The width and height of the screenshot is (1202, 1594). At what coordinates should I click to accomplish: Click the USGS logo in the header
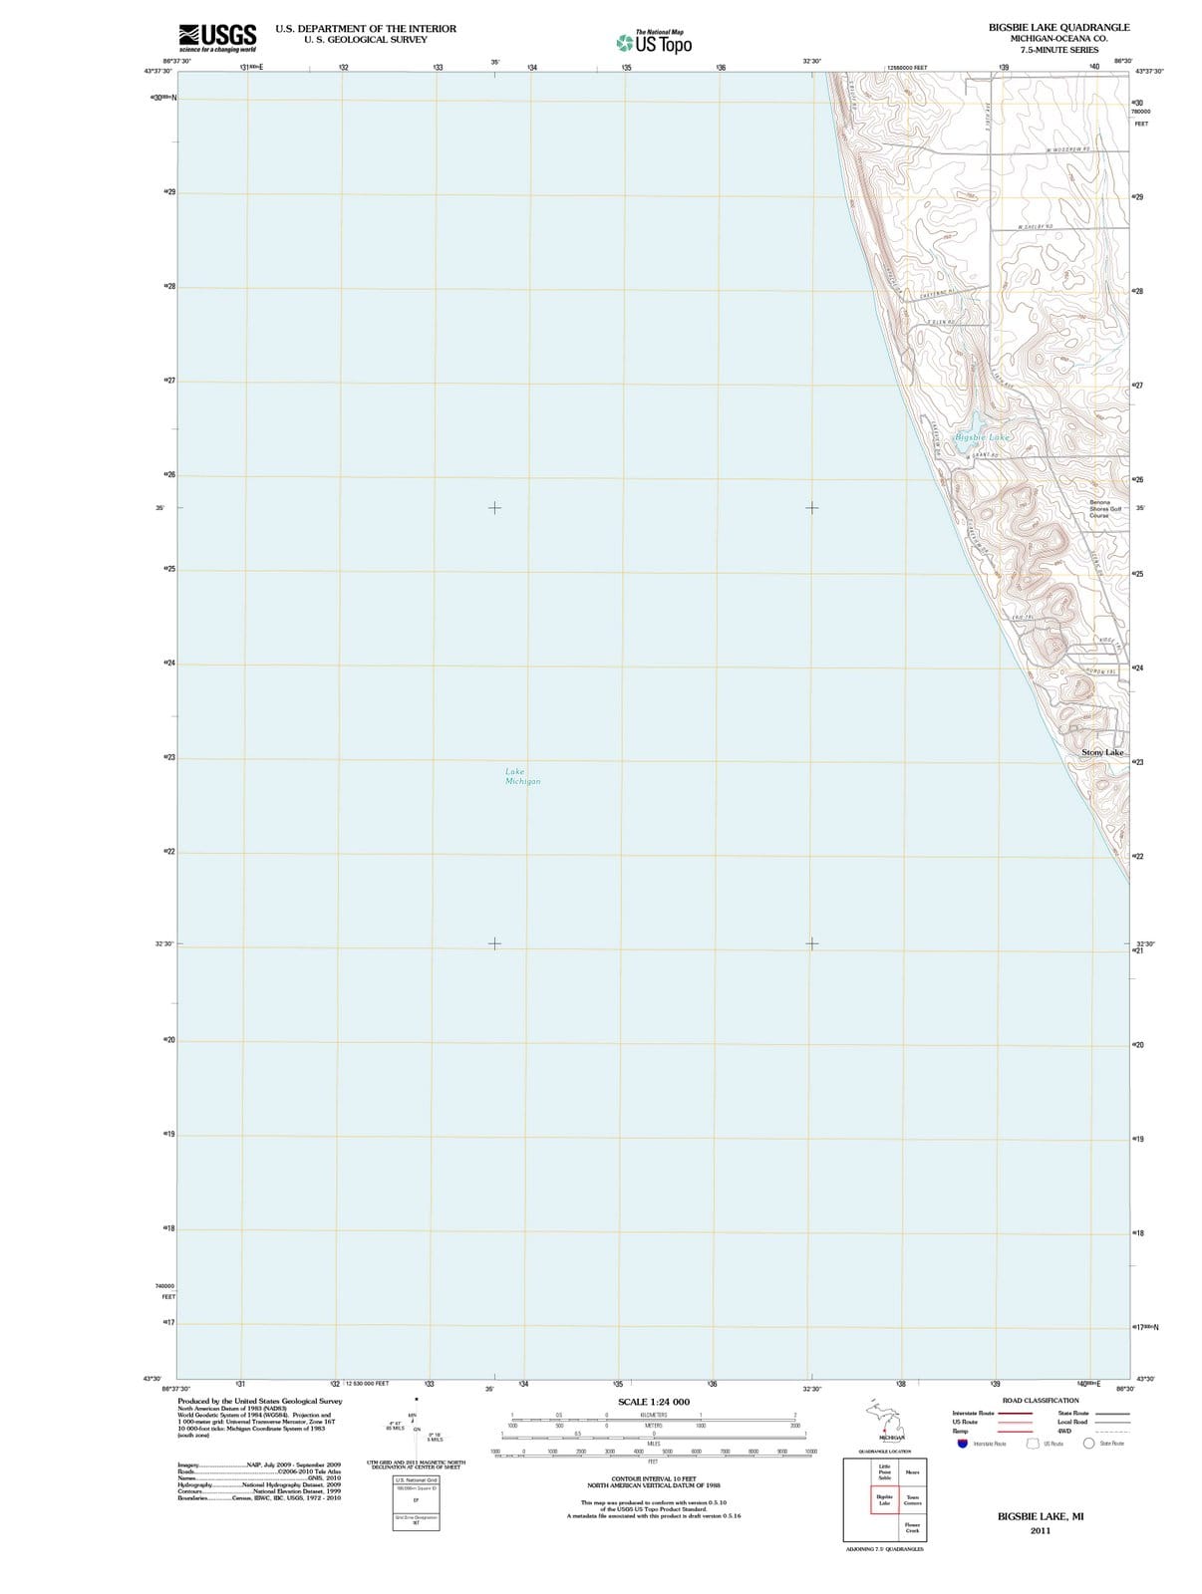coord(217,38)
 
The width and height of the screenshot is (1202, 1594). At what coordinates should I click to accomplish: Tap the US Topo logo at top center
coord(654,43)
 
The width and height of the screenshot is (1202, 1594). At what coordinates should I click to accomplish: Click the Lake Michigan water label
coord(522,776)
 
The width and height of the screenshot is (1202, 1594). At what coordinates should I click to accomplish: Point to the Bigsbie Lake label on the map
coord(982,437)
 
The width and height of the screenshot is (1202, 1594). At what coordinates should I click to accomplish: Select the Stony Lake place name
coord(1102,752)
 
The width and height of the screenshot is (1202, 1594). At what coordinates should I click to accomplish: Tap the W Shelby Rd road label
coord(1036,227)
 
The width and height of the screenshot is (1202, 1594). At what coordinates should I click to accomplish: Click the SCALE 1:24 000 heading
coord(653,1402)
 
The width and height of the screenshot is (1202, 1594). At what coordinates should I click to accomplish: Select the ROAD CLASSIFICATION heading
coord(1041,1401)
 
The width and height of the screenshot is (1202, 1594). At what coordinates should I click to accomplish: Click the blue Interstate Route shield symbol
coord(962,1443)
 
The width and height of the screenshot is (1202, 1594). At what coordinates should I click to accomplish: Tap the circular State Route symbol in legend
coord(1088,1443)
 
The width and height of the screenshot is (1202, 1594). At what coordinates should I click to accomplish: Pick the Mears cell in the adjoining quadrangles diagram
coord(912,1472)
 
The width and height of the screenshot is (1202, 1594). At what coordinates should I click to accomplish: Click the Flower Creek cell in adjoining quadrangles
coord(912,1527)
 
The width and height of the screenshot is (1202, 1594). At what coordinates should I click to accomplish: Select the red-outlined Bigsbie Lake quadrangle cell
coord(884,1500)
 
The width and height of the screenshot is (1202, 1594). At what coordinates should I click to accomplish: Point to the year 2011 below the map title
coord(1041,1530)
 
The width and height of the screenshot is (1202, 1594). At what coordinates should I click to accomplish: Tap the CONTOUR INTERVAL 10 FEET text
coord(653,1478)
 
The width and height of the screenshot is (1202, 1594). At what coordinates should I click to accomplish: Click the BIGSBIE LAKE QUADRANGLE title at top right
coord(1058,27)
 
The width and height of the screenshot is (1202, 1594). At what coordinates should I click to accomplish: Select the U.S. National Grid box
coord(416,1480)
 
